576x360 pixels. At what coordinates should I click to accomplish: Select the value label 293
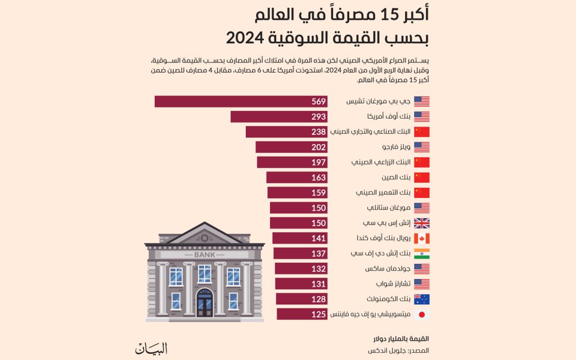click(319, 116)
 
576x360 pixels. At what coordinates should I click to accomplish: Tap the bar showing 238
click(286, 132)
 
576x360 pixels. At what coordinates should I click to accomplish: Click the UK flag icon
click(421, 223)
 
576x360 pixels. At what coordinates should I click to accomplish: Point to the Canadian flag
click(421, 238)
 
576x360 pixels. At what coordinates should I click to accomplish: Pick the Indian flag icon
click(421, 253)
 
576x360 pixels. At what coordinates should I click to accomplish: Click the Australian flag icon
click(421, 299)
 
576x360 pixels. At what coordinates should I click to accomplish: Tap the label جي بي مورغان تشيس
click(377, 101)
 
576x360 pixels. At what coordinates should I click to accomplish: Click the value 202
click(319, 147)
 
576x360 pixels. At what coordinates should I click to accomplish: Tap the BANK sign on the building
click(204, 255)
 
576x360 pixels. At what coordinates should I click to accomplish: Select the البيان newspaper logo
click(151, 348)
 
